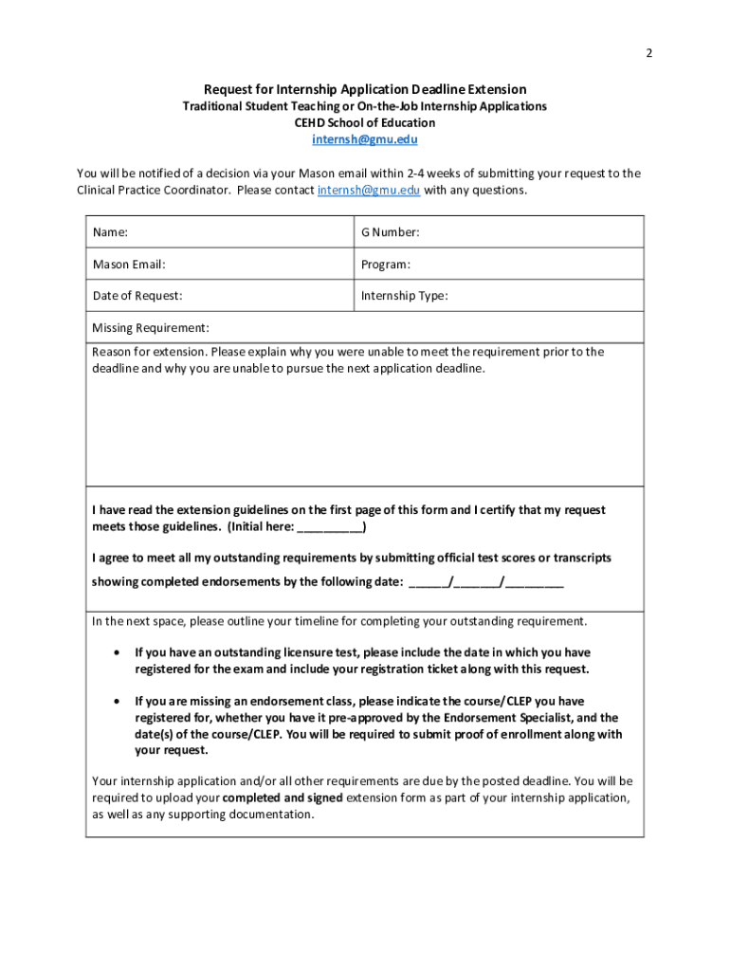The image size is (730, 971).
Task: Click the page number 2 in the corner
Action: tap(648, 53)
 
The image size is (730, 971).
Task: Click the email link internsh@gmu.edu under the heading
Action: tap(365, 139)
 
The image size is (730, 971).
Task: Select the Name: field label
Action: tap(110, 232)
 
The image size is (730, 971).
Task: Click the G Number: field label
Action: tap(390, 232)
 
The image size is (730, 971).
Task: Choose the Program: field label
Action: tap(385, 265)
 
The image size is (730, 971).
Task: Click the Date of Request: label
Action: tap(137, 296)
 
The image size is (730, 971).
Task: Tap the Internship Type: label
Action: tap(404, 296)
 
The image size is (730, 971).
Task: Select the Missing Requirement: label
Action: tap(151, 328)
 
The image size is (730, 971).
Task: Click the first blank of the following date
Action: tap(428, 582)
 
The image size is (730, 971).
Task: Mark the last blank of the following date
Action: tap(535, 582)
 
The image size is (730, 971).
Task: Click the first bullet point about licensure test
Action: tap(116, 653)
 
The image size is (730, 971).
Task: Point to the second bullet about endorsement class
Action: tap(116, 703)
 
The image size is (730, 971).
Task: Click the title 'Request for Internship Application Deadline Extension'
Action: tap(365, 89)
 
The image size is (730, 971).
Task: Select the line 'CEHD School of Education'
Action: tap(365, 122)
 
